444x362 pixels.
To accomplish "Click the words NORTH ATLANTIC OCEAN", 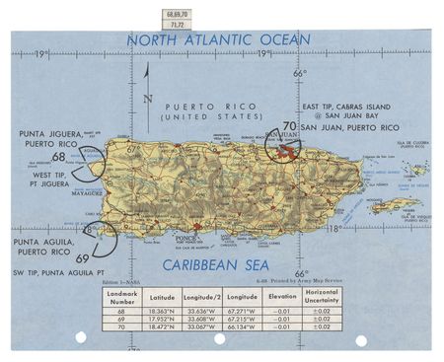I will coord(218,40).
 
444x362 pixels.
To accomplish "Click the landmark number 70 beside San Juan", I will coord(289,125).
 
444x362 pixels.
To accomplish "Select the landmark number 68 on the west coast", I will coord(59,157).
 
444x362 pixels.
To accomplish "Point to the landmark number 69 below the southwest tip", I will coord(82,258).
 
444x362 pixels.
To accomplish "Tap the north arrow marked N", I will coord(147,98).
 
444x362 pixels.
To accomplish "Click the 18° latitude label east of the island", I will coord(333,228).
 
